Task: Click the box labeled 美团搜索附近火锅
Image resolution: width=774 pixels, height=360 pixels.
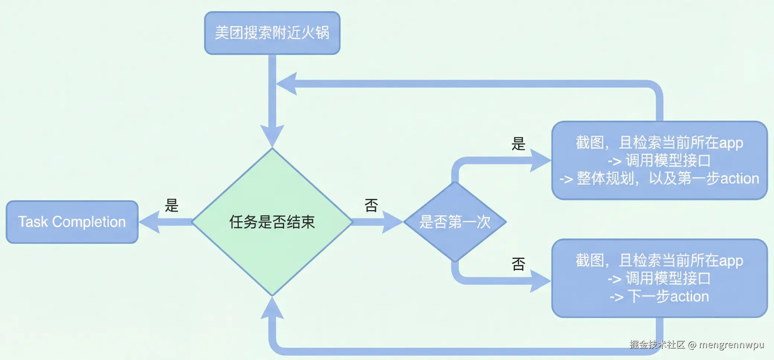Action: coord(272,33)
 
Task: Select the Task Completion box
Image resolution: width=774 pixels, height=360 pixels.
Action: coord(72,222)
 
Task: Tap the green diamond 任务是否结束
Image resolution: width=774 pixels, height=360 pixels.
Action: coord(272,222)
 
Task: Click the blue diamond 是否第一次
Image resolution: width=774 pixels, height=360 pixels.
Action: coord(455,222)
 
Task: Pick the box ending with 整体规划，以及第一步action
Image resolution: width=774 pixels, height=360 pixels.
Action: coord(659,160)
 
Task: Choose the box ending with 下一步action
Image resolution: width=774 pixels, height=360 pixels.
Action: coord(659,278)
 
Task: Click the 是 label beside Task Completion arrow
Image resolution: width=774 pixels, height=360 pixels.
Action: coord(172,205)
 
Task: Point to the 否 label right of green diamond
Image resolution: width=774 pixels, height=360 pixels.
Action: coord(371,205)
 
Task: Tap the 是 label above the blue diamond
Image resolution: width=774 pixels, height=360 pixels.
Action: coord(518,144)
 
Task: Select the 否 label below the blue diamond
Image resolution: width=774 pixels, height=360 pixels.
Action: coord(518,264)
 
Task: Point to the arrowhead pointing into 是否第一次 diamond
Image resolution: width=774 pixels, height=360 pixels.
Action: coord(392,222)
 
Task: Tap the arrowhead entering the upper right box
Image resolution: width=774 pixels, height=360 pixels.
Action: coord(540,160)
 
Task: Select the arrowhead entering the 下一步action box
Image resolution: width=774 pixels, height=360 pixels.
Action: coord(540,281)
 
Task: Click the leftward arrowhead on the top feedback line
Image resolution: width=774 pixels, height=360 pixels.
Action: coord(287,84)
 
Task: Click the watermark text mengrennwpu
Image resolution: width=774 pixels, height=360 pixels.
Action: coord(731,345)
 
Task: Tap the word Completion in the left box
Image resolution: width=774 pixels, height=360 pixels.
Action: coord(89,222)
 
